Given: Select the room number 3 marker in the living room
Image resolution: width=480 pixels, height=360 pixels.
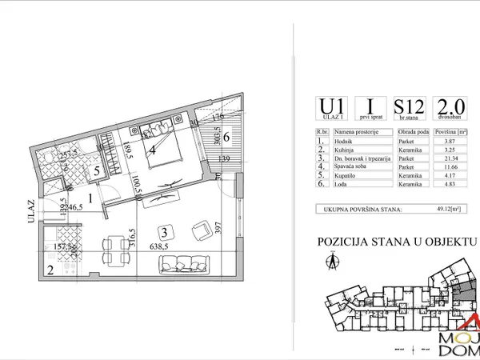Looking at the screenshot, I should (x=163, y=232).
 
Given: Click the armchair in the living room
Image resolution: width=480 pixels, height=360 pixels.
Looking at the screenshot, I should (x=198, y=232).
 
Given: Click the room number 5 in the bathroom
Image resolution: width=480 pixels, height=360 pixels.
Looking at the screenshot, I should (x=95, y=170).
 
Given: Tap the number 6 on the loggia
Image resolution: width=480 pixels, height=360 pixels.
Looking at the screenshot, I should (x=226, y=137).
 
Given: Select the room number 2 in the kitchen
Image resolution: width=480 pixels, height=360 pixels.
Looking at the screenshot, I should (x=50, y=270).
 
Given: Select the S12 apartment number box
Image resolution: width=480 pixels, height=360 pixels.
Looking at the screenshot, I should (x=407, y=107).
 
